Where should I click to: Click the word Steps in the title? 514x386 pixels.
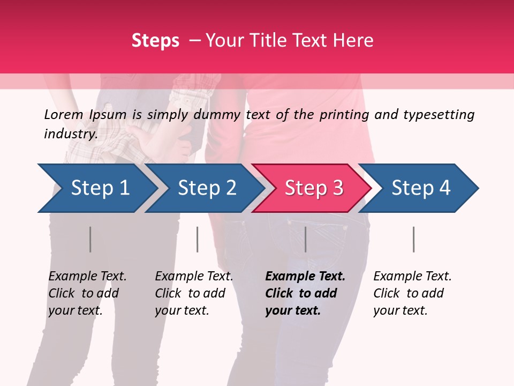click(x=155, y=41)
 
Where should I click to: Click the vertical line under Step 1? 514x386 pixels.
click(x=90, y=239)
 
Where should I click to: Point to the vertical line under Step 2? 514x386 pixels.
click(x=198, y=239)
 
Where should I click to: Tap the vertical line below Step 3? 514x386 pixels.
click(x=306, y=239)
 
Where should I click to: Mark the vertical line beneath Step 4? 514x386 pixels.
click(x=414, y=239)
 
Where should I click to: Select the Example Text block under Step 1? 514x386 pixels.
click(x=87, y=293)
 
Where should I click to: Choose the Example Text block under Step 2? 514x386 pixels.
click(x=194, y=293)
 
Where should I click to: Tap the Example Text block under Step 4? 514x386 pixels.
click(x=412, y=293)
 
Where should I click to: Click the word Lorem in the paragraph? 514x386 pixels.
click(x=64, y=115)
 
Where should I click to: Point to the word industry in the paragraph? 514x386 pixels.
click(x=71, y=134)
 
